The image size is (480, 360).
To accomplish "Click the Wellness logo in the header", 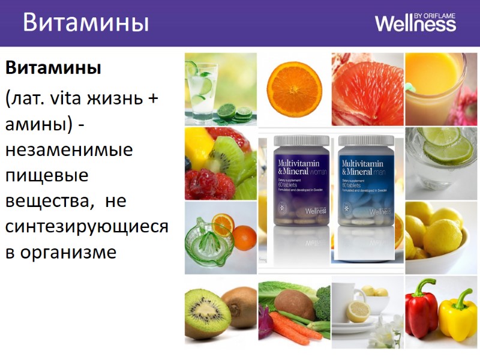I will click(415, 23).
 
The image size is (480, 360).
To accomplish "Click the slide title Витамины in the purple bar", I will click(86, 23).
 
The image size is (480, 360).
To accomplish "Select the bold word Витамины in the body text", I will click(53, 67).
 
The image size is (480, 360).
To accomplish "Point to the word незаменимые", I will click(69, 149).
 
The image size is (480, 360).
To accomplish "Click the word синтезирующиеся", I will click(87, 226).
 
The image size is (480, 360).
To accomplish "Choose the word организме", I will click(68, 252).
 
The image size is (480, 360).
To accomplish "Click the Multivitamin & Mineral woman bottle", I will click(301, 180).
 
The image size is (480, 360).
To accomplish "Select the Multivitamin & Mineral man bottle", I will click(366, 180).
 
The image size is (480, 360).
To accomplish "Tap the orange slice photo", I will click(294, 89).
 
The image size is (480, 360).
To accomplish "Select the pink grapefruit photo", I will click(367, 89).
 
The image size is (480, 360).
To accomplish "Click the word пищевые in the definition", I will click(47, 175).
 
